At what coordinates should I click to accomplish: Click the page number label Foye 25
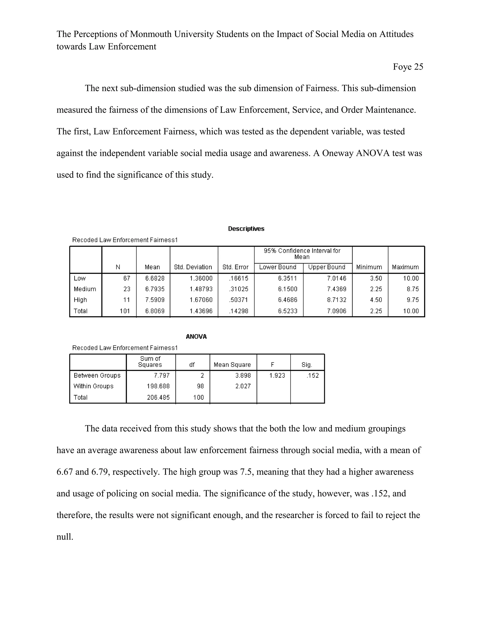pyautogui.click(x=408, y=67)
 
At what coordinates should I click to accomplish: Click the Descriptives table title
pyautogui.click(x=246, y=229)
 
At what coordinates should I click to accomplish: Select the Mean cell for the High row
pyautogui.click(x=155, y=300)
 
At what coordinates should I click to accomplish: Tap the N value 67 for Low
pyautogui.click(x=127, y=278)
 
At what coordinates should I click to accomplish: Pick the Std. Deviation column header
pyautogui.click(x=193, y=267)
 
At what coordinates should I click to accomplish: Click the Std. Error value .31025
pyautogui.click(x=238, y=289)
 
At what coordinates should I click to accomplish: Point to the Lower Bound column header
pyautogui.click(x=277, y=267)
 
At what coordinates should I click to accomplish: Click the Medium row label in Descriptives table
pyautogui.click(x=85, y=289)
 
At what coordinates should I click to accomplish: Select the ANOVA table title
pyautogui.click(x=196, y=337)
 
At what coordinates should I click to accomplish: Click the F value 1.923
pyautogui.click(x=277, y=375)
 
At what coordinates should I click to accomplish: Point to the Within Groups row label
pyautogui.click(x=93, y=386)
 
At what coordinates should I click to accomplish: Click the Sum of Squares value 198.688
pyautogui.click(x=158, y=386)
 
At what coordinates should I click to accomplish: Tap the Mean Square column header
pyautogui.click(x=232, y=365)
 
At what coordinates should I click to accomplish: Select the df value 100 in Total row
pyautogui.click(x=199, y=397)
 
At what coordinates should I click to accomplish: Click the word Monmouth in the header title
pyautogui.click(x=151, y=34)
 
